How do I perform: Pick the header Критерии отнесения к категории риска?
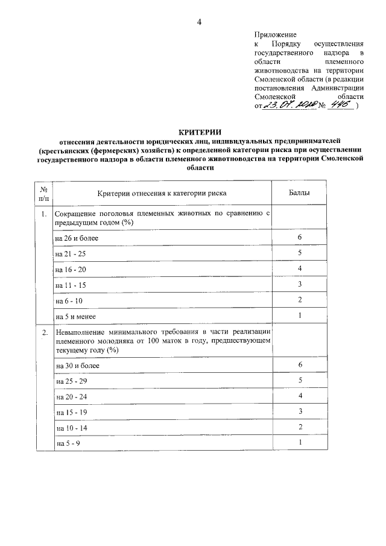(162, 194)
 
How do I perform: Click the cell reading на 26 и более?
(77, 238)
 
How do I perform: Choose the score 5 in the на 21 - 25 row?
(300, 253)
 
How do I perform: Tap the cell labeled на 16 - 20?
(71, 269)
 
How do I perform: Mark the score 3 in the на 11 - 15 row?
(300, 285)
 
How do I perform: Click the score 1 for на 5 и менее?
(300, 316)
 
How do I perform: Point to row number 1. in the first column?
(44, 214)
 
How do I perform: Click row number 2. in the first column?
(44, 332)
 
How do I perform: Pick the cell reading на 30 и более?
(77, 366)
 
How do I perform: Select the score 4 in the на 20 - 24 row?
(300, 396)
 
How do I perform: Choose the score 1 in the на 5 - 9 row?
(300, 443)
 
